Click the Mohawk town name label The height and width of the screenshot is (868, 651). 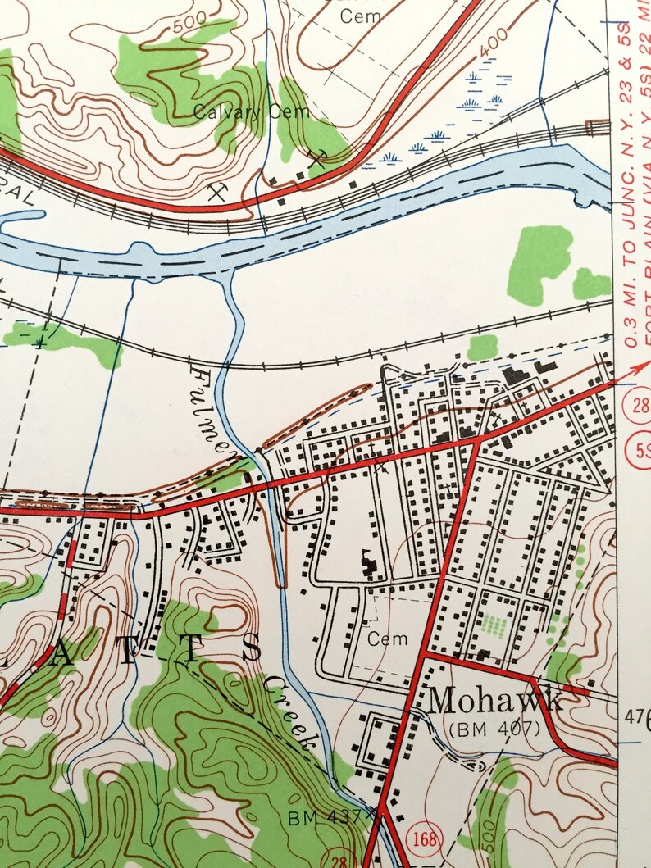click(x=495, y=701)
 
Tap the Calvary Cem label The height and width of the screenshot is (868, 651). click(x=251, y=112)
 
